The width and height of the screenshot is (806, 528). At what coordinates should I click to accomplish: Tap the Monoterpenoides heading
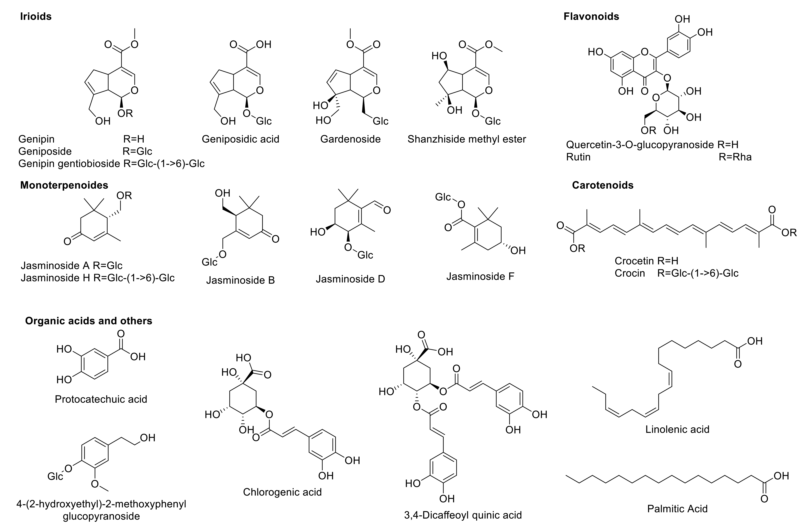pos(64,185)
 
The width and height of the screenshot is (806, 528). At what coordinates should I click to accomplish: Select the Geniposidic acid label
pos(240,139)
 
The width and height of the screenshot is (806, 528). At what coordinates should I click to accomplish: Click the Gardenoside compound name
pos(350,139)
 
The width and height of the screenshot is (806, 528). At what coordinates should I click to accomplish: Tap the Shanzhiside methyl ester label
pos(467,139)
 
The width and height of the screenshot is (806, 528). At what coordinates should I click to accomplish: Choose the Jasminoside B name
pos(240,280)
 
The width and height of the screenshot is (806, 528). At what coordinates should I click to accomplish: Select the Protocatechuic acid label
pos(101,399)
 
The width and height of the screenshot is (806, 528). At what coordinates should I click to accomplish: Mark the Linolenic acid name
pos(677,429)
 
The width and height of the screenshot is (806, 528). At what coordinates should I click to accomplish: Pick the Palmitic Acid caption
pos(677,509)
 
